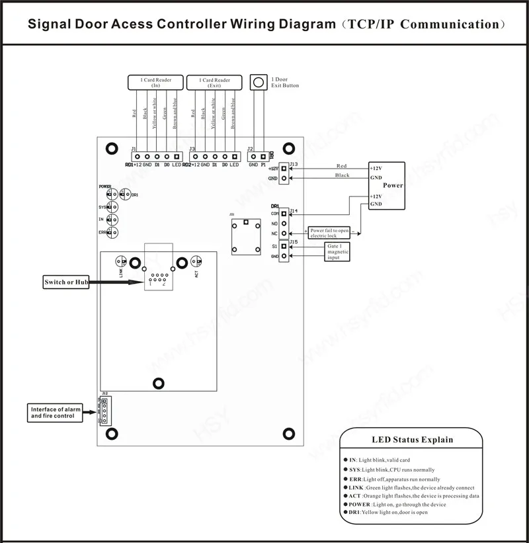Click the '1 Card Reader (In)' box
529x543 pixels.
pyautogui.click(x=155, y=83)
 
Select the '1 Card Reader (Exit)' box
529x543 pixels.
pyautogui.click(x=214, y=83)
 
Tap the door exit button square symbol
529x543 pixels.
pyautogui.click(x=258, y=83)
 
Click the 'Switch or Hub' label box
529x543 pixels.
pyautogui.click(x=64, y=282)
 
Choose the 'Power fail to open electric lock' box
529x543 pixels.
pyautogui.click(x=329, y=233)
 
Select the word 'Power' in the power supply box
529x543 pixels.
pyautogui.click(x=393, y=186)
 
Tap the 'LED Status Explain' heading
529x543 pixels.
pyautogui.click(x=412, y=440)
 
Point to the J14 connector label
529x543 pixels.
pyautogui.click(x=294, y=211)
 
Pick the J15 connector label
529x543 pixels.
pyautogui.click(x=294, y=242)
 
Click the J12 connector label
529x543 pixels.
pyautogui.click(x=104, y=394)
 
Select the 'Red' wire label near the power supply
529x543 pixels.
pyautogui.click(x=341, y=166)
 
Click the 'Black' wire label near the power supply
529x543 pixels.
pyautogui.click(x=342, y=175)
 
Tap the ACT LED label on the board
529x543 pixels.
pyautogui.click(x=196, y=272)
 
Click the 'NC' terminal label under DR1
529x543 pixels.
pyautogui.click(x=274, y=233)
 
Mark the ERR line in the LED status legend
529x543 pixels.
pyautogui.click(x=394, y=479)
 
